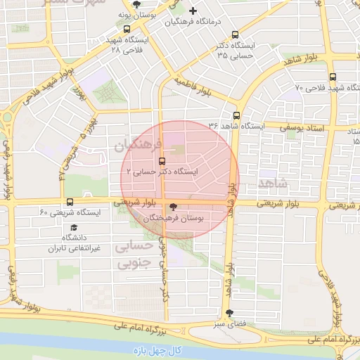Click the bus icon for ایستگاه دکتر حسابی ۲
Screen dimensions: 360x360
(x=162, y=160)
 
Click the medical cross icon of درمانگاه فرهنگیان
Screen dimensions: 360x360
(x=193, y=11)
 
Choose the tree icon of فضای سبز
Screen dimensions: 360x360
(x=229, y=314)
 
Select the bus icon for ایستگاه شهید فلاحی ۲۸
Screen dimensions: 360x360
(x=127, y=30)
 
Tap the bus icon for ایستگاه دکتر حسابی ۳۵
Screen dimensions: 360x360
(x=235, y=34)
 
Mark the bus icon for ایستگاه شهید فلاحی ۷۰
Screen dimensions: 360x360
(x=333, y=77)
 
